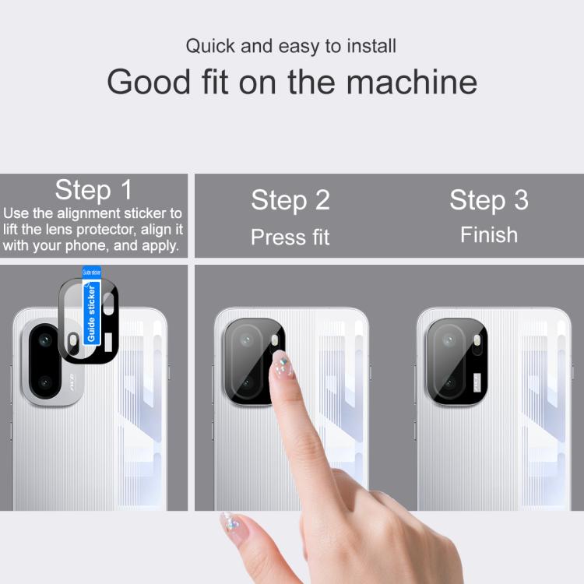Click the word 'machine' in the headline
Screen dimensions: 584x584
412,82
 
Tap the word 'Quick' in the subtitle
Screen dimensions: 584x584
210,46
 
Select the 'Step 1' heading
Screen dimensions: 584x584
93,190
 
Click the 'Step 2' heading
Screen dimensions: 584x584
290,200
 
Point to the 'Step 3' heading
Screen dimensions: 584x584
489,200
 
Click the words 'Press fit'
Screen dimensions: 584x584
290,237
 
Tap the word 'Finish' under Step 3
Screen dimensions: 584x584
489,235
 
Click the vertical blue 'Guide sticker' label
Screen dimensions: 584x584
91,313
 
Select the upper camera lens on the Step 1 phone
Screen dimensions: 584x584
45,340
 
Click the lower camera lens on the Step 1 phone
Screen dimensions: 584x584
45,382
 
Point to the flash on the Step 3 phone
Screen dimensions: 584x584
477,339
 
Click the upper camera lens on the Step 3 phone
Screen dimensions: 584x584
449,340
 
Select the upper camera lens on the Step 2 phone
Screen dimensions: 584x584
246,340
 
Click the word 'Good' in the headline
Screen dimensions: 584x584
149,82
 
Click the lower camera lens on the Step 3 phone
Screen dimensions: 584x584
449,382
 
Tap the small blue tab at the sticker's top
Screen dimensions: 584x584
91,272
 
